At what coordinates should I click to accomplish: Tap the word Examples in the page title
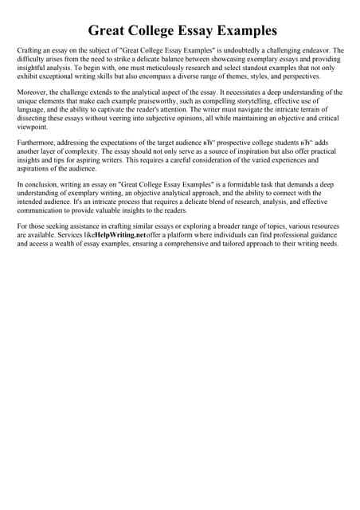(x=240, y=31)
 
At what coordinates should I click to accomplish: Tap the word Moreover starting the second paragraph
(x=32, y=92)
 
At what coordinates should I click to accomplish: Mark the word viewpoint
(x=32, y=127)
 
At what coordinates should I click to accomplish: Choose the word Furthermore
(x=36, y=143)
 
